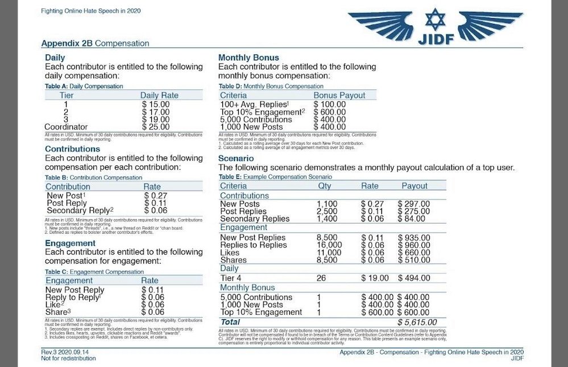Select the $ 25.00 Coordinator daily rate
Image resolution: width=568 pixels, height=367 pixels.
pyautogui.click(x=156, y=126)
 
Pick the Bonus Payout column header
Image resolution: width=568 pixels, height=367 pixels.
pyautogui.click(x=339, y=95)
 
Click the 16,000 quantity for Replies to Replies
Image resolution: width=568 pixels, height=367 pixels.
pyautogui.click(x=330, y=245)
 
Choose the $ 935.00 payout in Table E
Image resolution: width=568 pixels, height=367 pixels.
pyautogui.click(x=413, y=238)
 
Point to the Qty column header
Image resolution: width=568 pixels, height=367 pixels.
pyautogui.click(x=325, y=185)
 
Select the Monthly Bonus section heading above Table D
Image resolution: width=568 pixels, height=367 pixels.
pyautogui.click(x=248, y=57)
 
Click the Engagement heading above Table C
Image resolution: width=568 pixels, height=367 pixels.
pyautogui.click(x=70, y=243)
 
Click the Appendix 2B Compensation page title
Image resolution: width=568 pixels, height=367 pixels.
pyautogui.click(x=96, y=43)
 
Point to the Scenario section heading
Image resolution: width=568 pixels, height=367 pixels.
pyautogui.click(x=236, y=158)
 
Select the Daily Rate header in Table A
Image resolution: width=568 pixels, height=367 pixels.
pyautogui.click(x=159, y=95)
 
